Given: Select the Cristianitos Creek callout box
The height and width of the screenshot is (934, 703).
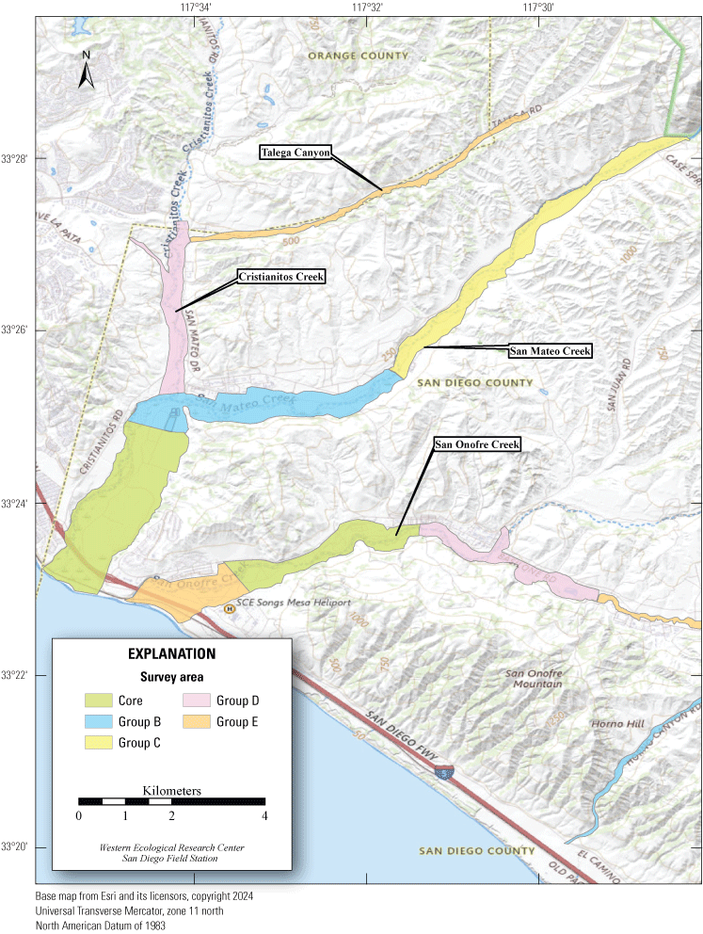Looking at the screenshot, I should pos(280,277).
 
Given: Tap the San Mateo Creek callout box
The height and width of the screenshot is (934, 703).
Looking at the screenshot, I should pos(550,351).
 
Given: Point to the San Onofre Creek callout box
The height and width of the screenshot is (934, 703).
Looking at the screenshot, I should pos(477,443).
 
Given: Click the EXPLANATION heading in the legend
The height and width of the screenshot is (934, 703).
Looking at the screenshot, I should pos(171,653).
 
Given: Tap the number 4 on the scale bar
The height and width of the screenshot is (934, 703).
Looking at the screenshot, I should pos(265,815).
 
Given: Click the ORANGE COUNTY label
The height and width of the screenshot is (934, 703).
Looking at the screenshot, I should pos(359,56).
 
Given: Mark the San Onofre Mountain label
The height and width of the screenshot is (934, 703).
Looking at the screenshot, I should pos(534,678).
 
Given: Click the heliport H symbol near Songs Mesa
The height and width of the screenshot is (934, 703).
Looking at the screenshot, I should pos(228,608).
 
